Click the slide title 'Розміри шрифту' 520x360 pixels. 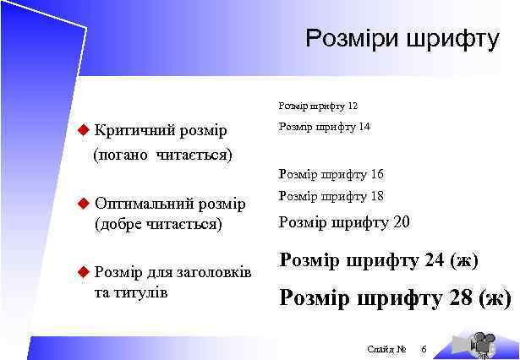(402, 39)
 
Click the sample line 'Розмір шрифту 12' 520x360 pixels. (318, 106)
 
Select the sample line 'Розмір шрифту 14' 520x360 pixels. (324, 127)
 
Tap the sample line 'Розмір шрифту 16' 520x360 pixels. (331, 175)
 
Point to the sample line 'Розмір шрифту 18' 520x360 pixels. (331, 196)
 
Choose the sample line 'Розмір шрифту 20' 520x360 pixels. (343, 223)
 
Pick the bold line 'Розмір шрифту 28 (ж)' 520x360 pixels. (395, 298)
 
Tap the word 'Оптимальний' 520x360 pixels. (144, 205)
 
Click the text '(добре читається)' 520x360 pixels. (159, 225)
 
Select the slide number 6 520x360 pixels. (424, 349)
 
